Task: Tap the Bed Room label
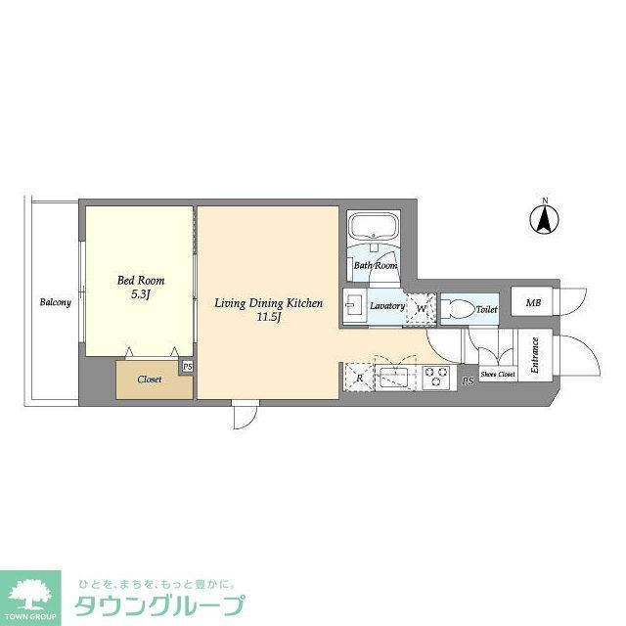tap(141, 281)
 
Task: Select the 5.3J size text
tap(141, 294)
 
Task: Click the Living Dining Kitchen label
tap(269, 304)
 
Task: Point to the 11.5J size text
tap(269, 318)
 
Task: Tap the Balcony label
tap(55, 302)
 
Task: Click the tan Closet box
tap(149, 380)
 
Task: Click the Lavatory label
tap(387, 306)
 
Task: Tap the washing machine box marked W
tap(422, 308)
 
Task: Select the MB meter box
tap(533, 303)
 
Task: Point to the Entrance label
tap(535, 354)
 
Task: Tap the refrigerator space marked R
tap(359, 377)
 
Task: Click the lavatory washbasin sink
tap(353, 306)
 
